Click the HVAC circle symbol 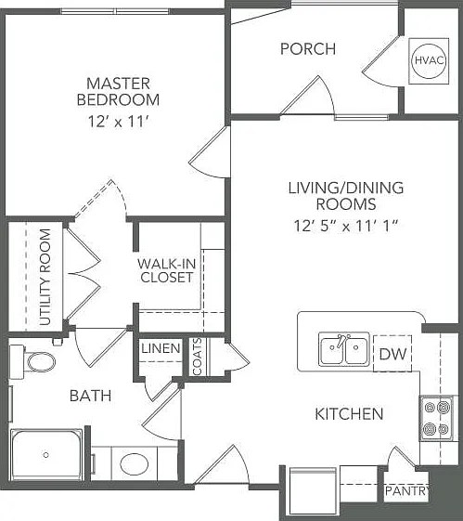tap(429, 60)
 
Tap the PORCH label tap(308, 49)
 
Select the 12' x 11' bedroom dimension tap(118, 122)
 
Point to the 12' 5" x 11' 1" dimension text tap(345, 226)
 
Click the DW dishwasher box tap(392, 354)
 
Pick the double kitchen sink tap(344, 349)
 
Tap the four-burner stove tap(436, 418)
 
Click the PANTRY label tap(407, 490)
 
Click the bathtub tap(46, 454)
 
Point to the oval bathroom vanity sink tap(135, 463)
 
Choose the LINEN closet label tap(161, 348)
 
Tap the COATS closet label tap(197, 357)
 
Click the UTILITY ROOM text tap(45, 277)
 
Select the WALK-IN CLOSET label tap(167, 270)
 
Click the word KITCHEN tap(349, 414)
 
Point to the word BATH tap(90, 396)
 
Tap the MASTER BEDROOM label tap(118, 92)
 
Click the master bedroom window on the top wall tap(115, 11)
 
